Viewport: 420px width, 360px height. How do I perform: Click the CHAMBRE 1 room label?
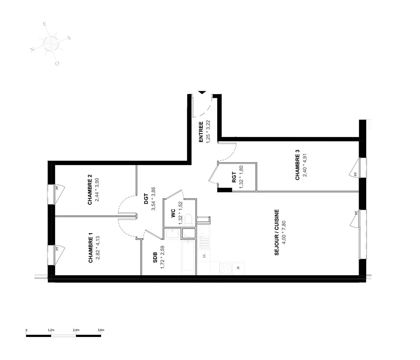click(x=91, y=248)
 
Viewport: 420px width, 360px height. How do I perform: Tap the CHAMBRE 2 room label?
click(x=90, y=189)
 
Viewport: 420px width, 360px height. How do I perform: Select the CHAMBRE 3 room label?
click(x=297, y=165)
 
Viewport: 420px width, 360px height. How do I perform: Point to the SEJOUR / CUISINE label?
click(x=277, y=232)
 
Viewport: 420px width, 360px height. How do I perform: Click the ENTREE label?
click(x=201, y=132)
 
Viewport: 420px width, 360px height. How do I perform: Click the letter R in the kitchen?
click(x=238, y=268)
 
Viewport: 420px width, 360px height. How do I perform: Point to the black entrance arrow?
click(x=202, y=92)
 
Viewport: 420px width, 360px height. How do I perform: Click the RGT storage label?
click(x=234, y=177)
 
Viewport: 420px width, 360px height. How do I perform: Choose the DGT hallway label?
click(x=146, y=199)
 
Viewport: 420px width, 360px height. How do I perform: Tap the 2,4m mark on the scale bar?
click(x=76, y=330)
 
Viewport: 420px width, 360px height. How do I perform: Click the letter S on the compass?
click(x=69, y=38)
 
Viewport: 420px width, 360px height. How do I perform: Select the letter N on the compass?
click(x=32, y=50)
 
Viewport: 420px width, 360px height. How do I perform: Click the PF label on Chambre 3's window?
click(x=356, y=174)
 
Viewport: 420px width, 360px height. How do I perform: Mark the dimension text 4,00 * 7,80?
click(x=284, y=232)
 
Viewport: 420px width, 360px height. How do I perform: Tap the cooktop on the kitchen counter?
click(x=226, y=268)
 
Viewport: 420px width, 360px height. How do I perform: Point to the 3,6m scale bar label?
click(x=101, y=330)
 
